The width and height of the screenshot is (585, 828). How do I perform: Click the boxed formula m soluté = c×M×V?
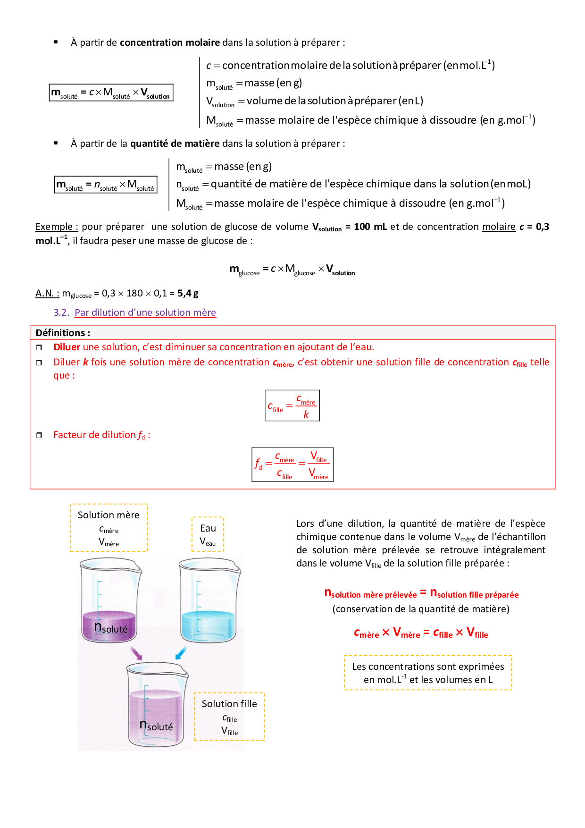tap(111, 93)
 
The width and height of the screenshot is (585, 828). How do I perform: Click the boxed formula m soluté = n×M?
tap(106, 185)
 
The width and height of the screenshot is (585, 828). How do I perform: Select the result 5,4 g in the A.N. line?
tap(188, 293)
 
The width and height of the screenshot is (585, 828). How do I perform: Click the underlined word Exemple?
tap(56, 227)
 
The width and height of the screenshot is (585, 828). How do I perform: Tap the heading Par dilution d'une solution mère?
tap(145, 313)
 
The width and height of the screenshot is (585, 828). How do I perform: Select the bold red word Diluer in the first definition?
tap(67, 347)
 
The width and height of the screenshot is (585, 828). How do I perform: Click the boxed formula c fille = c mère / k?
tap(292, 406)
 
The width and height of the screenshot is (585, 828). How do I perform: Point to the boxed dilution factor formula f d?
tap(292, 465)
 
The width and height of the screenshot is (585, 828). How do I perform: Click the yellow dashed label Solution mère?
tap(109, 527)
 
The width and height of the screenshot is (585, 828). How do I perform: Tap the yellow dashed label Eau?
tap(208, 534)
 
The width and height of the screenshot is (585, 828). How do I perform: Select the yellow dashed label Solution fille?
tap(229, 716)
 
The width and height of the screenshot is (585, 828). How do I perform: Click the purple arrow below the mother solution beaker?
tap(136, 653)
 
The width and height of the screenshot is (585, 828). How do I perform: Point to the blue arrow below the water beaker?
tap(181, 653)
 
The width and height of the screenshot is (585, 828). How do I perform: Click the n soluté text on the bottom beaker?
tap(156, 726)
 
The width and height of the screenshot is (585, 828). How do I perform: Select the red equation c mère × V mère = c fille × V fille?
tap(421, 633)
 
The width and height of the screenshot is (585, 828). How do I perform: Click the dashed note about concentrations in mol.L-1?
tap(428, 673)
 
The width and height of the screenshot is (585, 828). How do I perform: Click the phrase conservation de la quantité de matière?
tap(421, 609)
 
